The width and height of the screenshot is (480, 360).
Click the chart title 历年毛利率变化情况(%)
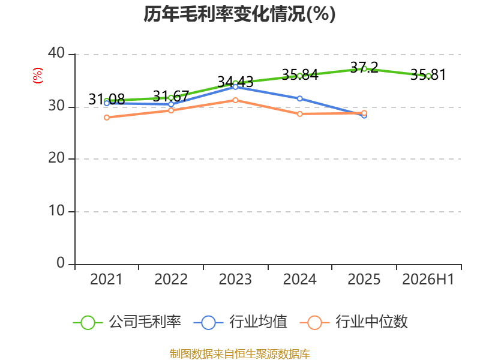point(239,14)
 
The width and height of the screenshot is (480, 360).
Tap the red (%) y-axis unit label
point(38,76)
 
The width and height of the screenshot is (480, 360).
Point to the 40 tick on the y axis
point(56,53)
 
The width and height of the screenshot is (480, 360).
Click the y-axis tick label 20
point(56,158)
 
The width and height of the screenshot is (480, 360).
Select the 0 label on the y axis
point(61,263)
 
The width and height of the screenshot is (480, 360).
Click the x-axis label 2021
point(106,279)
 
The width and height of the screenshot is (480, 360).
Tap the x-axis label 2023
point(235,279)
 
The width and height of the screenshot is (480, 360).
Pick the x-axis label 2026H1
point(428,279)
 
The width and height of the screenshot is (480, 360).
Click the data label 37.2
point(364,67)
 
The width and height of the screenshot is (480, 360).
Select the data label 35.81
point(428,74)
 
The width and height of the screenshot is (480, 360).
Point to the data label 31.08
point(107,99)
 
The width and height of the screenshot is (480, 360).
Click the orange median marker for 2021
point(107,118)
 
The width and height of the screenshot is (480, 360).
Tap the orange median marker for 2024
point(299,114)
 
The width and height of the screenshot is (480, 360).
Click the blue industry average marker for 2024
point(299,98)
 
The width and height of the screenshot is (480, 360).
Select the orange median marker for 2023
point(235,100)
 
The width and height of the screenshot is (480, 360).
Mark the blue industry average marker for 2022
point(171,104)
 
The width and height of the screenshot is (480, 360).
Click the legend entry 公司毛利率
point(127,322)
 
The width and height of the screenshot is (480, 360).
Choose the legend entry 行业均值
point(241,322)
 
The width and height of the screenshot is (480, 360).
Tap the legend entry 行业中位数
point(354,322)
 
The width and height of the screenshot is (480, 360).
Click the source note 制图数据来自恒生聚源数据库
point(239,354)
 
